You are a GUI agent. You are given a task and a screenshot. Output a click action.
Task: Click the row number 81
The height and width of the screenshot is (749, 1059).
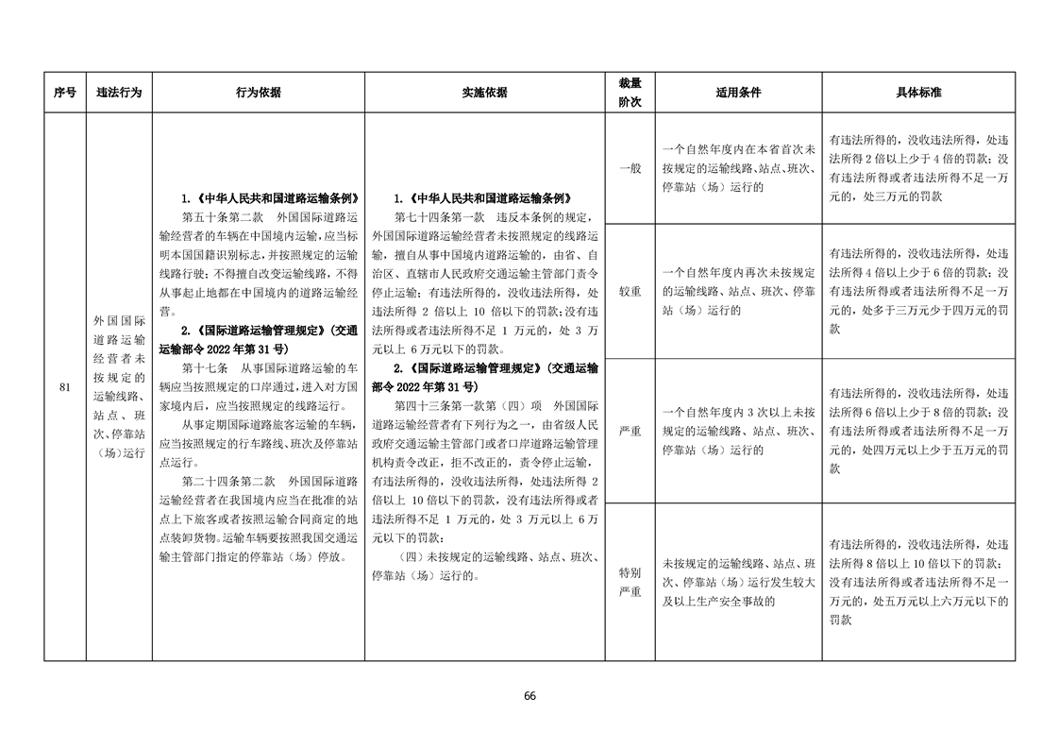click(64, 387)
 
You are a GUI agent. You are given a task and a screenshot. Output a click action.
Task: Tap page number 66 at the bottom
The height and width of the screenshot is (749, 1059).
click(529, 696)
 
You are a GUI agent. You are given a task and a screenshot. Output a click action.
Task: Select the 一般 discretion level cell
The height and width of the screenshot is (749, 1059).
click(630, 168)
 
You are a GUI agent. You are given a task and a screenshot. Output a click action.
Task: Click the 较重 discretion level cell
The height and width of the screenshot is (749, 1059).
click(630, 291)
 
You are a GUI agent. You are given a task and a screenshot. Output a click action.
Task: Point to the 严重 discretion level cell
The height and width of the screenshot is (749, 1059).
click(630, 432)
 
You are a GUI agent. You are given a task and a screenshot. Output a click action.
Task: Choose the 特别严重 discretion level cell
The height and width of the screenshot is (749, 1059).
click(630, 582)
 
